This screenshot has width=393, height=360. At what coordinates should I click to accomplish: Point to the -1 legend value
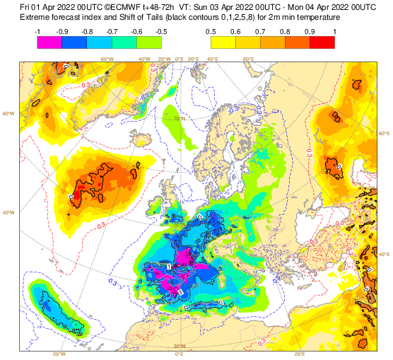click(x=37, y=32)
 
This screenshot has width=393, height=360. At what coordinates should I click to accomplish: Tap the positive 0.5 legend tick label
click(x=211, y=32)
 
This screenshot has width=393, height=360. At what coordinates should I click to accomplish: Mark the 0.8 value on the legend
click(x=284, y=32)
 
